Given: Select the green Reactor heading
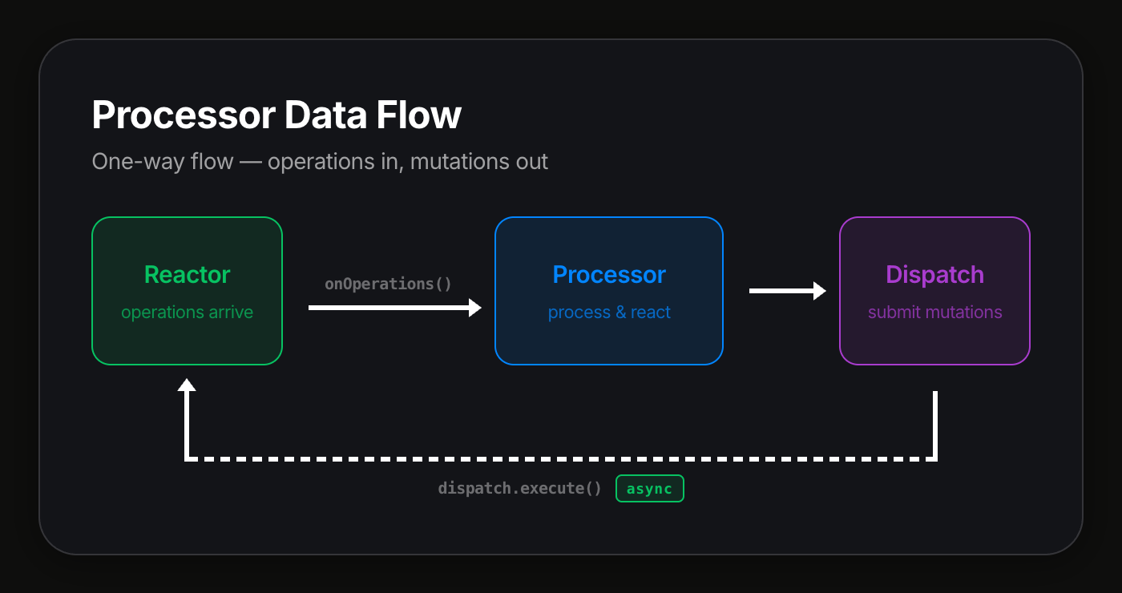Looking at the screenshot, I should [187, 275].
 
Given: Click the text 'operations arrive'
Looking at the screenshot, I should [187, 313].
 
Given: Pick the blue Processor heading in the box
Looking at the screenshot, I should [609, 275].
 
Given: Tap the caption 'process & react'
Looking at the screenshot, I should [609, 313].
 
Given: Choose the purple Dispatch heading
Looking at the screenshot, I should [934, 275].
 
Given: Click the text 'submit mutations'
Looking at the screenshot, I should [934, 313].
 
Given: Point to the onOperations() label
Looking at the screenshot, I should [388, 284].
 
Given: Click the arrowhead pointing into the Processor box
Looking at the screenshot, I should [475, 307].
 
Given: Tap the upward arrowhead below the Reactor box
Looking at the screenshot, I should [187, 385].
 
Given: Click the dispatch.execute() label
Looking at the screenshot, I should [519, 488].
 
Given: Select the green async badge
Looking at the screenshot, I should [649, 488].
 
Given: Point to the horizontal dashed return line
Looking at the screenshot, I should [561, 459].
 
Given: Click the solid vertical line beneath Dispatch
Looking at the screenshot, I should [935, 425].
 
